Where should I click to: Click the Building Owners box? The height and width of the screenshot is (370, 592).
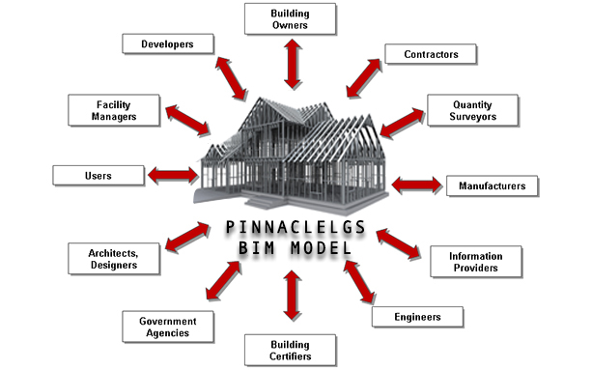(290, 19)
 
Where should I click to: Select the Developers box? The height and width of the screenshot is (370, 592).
(168, 43)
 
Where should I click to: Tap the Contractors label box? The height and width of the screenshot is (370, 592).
(431, 53)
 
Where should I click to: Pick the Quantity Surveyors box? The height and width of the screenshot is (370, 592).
(474, 110)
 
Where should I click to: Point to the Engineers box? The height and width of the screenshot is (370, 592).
(418, 316)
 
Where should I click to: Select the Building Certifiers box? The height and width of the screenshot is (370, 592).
(290, 350)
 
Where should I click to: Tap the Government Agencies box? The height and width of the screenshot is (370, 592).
(168, 327)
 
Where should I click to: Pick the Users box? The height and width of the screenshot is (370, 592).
(99, 176)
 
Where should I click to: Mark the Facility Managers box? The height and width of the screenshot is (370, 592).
(114, 109)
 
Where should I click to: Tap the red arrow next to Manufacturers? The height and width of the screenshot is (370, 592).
(414, 184)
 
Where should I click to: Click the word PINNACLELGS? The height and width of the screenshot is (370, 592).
(292, 228)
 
